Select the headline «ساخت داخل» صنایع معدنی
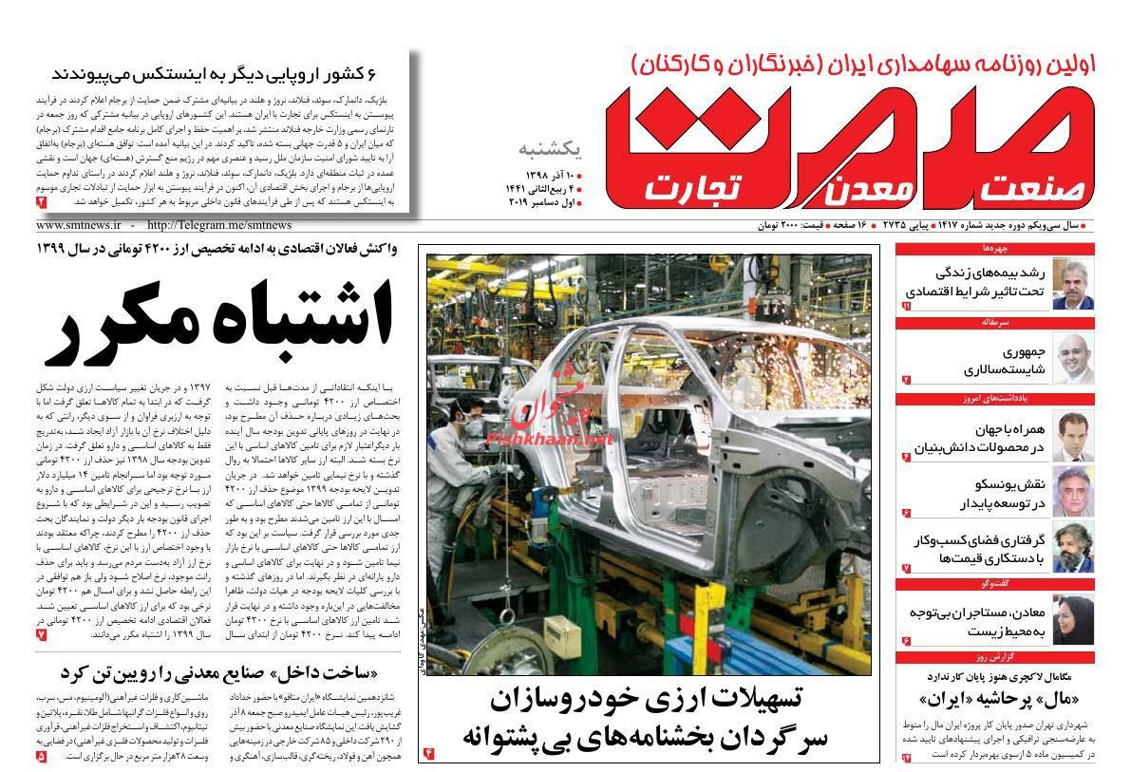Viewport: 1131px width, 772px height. [213, 672]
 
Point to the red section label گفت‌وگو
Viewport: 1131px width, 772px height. [995, 583]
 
